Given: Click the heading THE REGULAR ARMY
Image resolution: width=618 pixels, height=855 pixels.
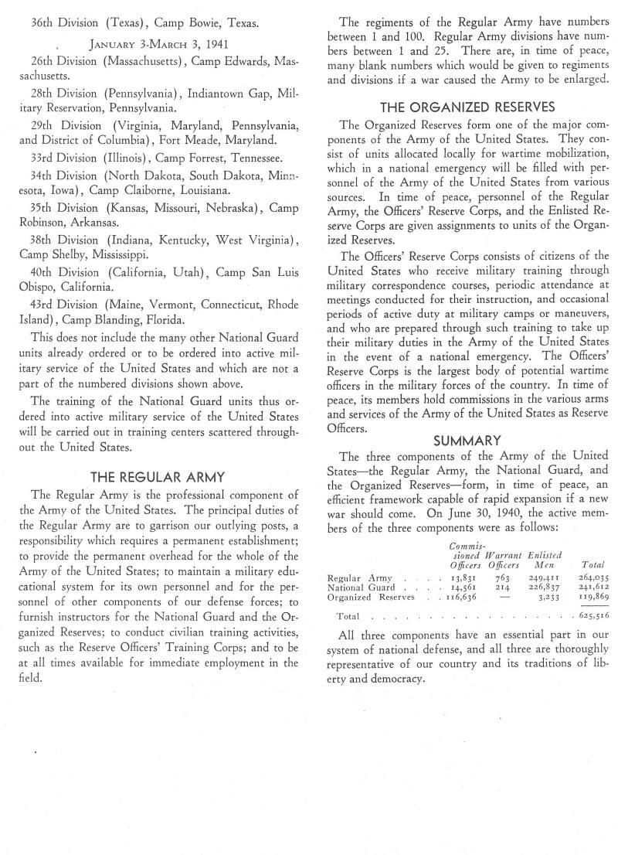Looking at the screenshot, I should (x=158, y=477).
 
